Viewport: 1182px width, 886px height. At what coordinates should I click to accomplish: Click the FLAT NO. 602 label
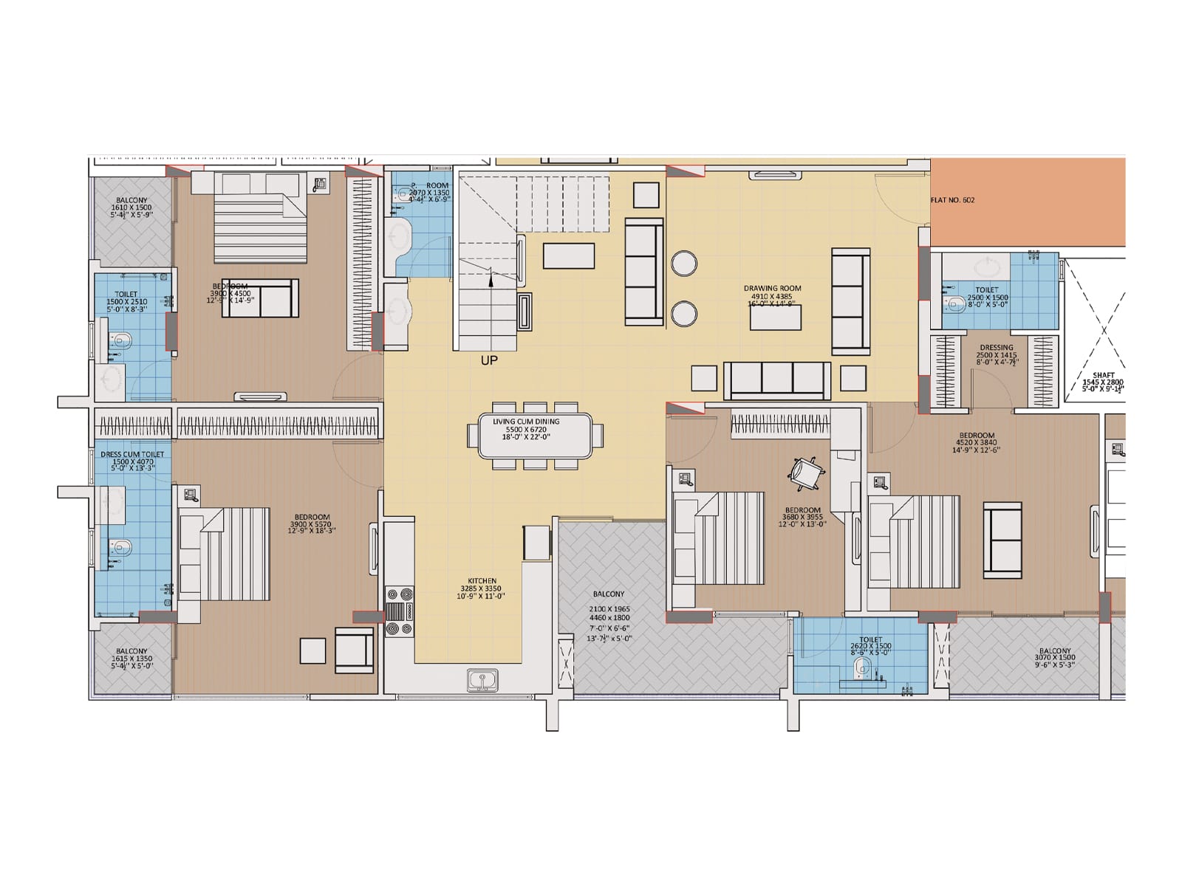click(x=952, y=200)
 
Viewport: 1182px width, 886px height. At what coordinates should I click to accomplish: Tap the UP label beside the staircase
click(x=489, y=360)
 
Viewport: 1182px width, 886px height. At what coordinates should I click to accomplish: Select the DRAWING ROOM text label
click(x=772, y=289)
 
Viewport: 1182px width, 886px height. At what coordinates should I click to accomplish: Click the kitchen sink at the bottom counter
click(x=482, y=680)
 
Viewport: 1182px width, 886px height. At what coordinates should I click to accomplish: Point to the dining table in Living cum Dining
click(x=535, y=436)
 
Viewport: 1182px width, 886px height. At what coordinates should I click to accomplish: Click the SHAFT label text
click(x=1103, y=375)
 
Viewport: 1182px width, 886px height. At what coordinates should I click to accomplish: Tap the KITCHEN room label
click(x=482, y=581)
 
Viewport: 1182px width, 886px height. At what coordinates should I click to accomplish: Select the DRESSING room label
click(x=996, y=347)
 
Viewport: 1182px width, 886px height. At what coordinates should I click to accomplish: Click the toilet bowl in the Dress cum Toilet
click(x=122, y=547)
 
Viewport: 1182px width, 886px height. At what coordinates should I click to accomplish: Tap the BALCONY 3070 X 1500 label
click(x=1054, y=651)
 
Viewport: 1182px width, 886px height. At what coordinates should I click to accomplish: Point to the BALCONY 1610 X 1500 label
click(x=131, y=200)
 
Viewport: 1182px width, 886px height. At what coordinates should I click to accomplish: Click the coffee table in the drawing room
click(x=775, y=317)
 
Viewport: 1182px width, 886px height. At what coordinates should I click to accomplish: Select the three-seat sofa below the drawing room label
click(x=777, y=380)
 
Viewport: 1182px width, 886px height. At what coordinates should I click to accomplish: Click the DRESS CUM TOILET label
click(x=132, y=455)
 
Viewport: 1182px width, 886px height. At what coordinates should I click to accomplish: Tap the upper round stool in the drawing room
click(x=684, y=264)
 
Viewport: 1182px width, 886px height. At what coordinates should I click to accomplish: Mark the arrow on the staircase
click(x=491, y=277)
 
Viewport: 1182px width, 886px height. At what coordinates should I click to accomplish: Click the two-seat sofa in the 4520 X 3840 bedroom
click(x=1002, y=540)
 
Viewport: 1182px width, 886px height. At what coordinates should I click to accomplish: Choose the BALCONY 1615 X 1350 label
click(x=131, y=651)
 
